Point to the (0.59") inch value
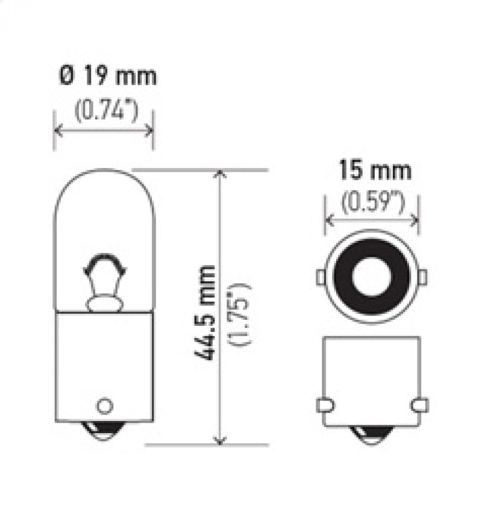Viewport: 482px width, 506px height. (x=372, y=203)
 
